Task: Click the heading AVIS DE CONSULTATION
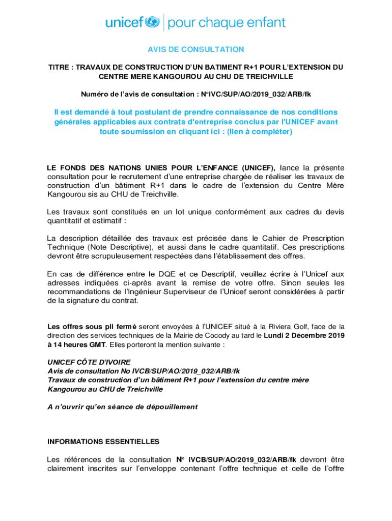[x=196, y=49]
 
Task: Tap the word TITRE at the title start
[x=60, y=67]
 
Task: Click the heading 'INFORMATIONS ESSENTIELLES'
[x=103, y=441]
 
